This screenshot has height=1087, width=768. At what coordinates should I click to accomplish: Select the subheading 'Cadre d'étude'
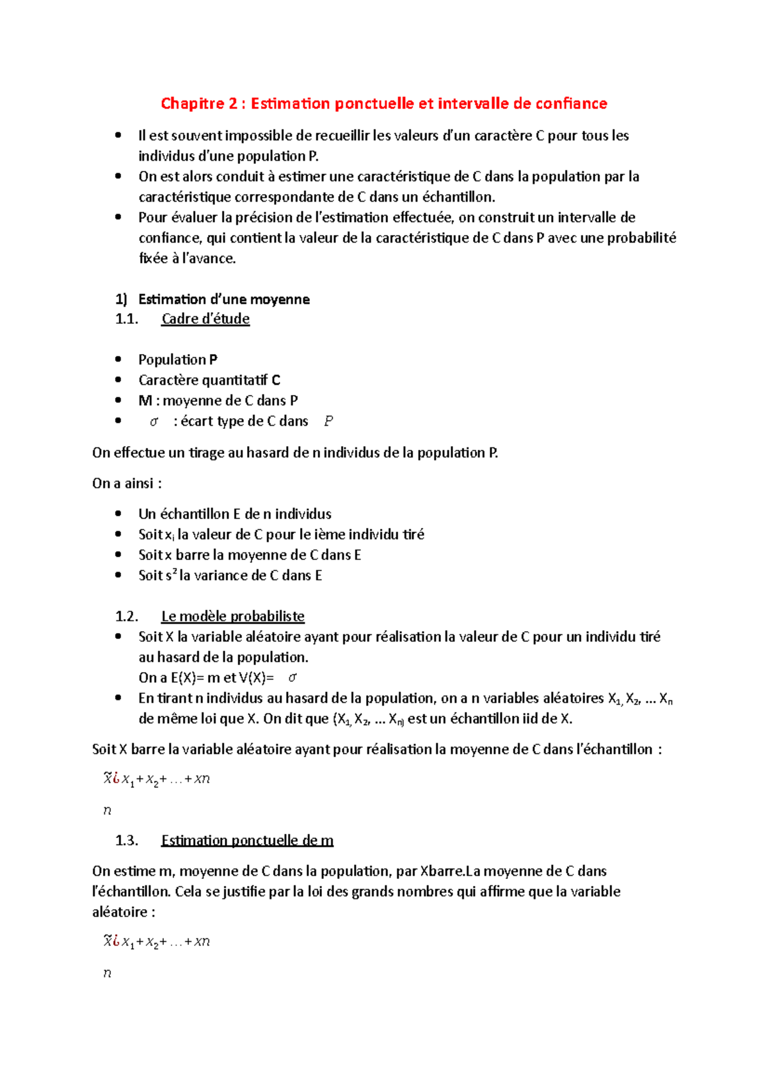tap(205, 319)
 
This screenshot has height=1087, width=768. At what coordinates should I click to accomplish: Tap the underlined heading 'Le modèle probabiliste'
tap(233, 616)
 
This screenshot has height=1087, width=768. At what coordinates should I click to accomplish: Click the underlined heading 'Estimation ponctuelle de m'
tap(247, 841)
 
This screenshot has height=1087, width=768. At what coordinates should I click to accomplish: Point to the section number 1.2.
tap(127, 616)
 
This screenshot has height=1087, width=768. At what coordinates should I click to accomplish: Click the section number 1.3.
tap(127, 841)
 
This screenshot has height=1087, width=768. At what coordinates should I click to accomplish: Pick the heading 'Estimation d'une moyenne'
tap(224, 300)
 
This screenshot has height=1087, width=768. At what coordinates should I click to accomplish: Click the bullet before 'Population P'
tap(118, 360)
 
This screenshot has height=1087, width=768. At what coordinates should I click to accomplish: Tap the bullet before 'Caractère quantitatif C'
tap(118, 380)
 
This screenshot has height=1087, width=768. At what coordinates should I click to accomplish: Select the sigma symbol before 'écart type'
tap(154, 422)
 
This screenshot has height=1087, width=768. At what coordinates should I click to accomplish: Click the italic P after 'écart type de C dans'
tap(328, 421)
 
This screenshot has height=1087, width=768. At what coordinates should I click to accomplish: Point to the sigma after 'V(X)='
tap(292, 678)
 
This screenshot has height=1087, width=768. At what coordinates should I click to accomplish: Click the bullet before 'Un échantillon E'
tap(118, 514)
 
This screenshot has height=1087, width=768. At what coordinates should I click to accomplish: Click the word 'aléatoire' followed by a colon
tap(120, 912)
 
